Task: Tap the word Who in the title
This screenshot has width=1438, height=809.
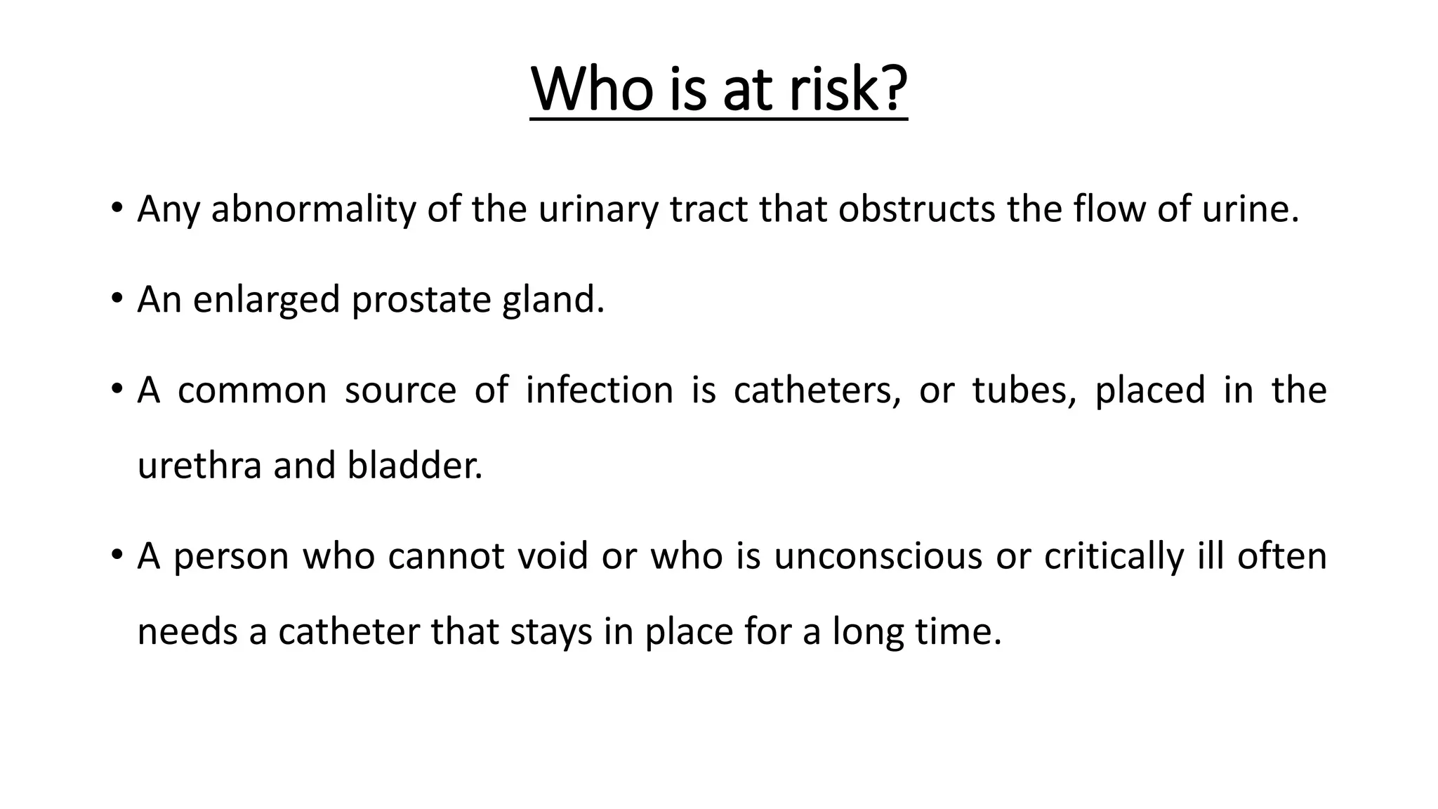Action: coord(592,90)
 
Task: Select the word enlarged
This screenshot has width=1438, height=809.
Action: coord(266,301)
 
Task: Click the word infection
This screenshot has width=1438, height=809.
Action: coord(599,390)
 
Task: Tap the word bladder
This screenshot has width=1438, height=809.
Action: coord(415,466)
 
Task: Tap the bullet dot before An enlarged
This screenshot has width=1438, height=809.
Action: coord(117,299)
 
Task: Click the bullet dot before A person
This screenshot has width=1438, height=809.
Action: coord(117,555)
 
